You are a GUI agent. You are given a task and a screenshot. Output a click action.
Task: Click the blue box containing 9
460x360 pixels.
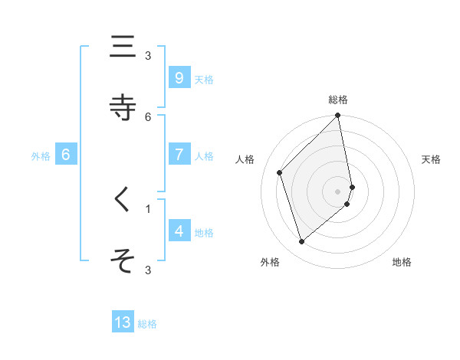pos(179,78)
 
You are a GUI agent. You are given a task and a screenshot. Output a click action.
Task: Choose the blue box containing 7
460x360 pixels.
pos(179,155)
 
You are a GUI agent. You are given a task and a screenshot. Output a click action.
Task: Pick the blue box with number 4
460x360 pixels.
pos(179,231)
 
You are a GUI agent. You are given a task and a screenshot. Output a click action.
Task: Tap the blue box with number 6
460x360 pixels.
pos(66,155)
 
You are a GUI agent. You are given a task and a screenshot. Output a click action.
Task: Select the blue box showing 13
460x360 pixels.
pos(123,322)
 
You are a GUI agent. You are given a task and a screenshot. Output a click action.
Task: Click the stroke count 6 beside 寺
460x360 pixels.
pos(148,116)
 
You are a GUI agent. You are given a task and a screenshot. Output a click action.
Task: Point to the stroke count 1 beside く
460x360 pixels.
pos(148,208)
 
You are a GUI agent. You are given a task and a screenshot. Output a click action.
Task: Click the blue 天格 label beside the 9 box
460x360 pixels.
pos(204,80)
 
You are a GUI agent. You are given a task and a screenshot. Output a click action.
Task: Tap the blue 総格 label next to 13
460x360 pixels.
pos(148,324)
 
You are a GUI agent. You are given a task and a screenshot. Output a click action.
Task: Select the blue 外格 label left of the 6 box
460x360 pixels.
pos(41,156)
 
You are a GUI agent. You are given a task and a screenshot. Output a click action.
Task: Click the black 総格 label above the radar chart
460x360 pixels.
pos(338,100)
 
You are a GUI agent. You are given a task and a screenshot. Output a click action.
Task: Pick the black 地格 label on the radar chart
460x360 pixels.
pos(402,262)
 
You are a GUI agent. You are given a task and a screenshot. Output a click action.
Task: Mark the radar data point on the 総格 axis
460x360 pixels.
pos(338,116)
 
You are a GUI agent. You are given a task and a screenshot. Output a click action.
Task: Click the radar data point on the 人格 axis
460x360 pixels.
pos(280,172)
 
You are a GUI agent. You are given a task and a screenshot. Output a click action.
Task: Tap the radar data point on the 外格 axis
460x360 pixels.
pos(301,242)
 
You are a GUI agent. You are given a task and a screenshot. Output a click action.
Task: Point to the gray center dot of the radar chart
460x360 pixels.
pos(338,191)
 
